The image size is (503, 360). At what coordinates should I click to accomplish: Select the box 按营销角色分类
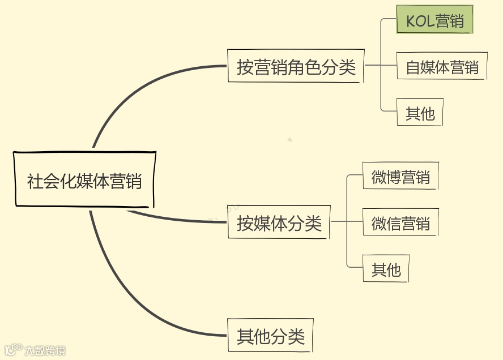point(295,67)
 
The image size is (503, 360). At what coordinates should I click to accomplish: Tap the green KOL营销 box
point(434,21)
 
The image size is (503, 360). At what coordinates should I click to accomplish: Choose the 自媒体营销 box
point(442,67)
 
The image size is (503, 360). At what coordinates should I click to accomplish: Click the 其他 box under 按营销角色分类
point(420,113)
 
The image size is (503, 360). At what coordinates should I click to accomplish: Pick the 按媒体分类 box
point(279,222)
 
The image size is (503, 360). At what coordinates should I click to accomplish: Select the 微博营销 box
point(400,177)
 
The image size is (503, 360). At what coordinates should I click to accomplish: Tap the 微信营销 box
point(400,223)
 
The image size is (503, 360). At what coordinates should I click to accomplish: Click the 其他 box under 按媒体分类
point(386,269)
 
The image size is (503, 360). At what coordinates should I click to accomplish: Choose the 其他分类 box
point(270,336)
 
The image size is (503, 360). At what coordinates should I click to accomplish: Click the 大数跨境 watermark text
point(45,350)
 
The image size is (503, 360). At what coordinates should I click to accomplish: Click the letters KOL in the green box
point(420,21)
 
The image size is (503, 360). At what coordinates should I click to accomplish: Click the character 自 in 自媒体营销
point(413,67)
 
